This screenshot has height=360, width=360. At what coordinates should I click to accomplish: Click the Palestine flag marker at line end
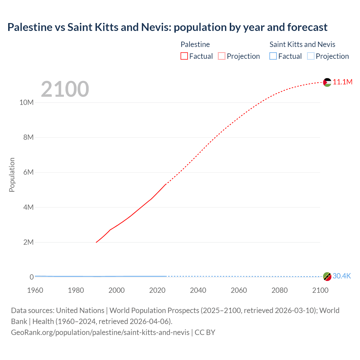pos(327,82)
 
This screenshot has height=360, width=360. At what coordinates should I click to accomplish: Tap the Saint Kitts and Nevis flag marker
pos(327,276)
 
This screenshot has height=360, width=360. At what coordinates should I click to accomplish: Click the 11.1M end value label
pos(343,82)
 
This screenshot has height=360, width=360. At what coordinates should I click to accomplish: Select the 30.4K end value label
pos(342,276)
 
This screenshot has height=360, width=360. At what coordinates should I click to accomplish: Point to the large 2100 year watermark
pos(65,89)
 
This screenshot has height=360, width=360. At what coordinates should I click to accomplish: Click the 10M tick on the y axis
pos(26,102)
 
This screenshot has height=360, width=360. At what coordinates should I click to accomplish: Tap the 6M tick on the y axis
pos(28,172)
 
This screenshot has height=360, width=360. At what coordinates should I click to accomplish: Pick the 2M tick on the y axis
pos(28,242)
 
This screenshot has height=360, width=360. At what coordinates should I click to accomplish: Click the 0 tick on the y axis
pos(31,277)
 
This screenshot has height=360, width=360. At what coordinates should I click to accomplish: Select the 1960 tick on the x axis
pos(35,290)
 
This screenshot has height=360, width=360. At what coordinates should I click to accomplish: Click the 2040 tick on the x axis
pos(198,290)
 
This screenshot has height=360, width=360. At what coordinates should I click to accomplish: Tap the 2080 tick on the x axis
pos(280,290)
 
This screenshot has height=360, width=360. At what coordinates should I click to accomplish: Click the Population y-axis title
pos(12,175)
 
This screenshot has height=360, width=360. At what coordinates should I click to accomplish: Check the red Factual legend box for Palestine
pos(184,56)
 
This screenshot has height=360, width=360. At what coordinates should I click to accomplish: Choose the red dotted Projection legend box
pos(222,56)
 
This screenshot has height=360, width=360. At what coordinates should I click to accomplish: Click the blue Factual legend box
pos(273,56)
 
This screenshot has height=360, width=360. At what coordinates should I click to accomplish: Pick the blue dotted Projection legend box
pos(310,56)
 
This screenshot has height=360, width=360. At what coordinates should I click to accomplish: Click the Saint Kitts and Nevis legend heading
pos(302,44)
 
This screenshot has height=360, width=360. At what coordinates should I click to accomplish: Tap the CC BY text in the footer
pos(205,332)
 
